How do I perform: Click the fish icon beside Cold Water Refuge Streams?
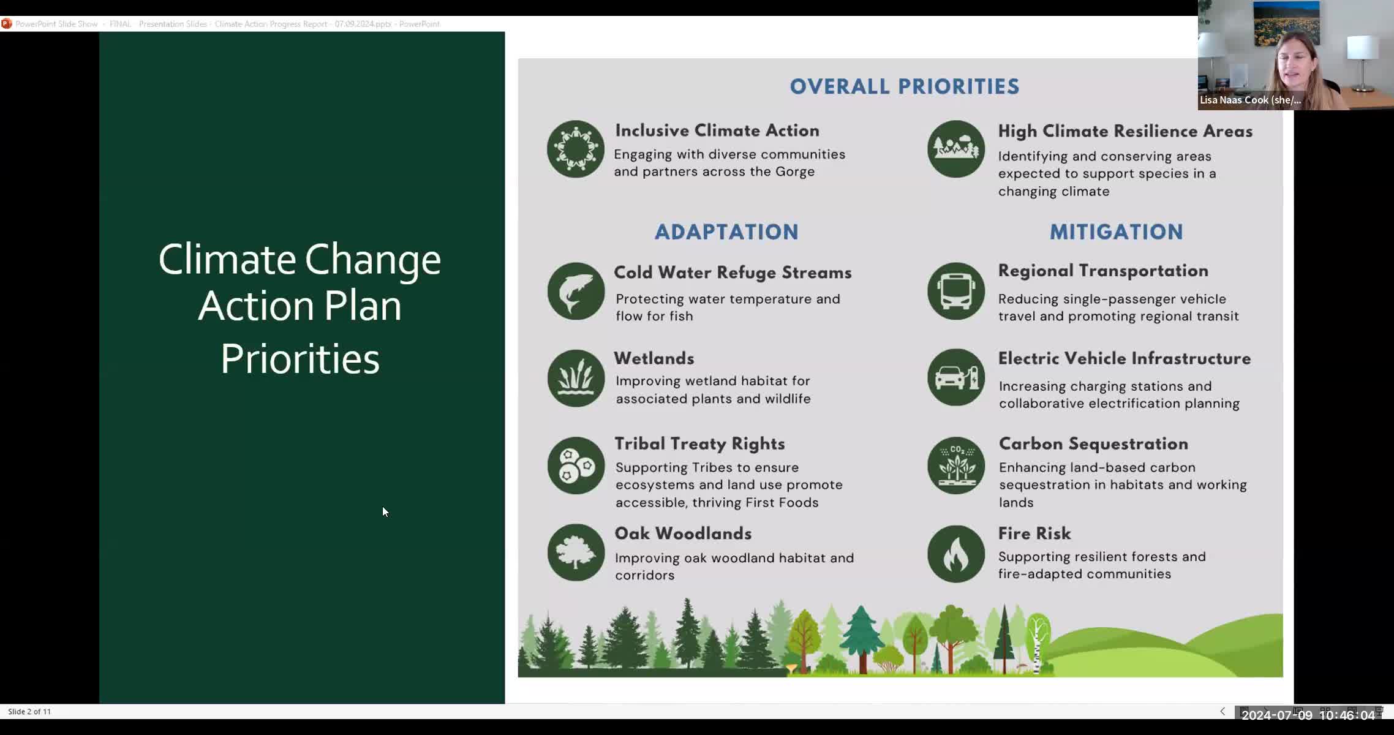(576, 292)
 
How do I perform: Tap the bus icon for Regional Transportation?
(955, 292)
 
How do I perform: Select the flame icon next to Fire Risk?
(955, 554)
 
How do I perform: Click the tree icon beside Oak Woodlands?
(576, 552)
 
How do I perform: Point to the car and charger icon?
(955, 378)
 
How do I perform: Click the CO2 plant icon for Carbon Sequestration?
(955, 466)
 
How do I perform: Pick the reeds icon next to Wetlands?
(576, 379)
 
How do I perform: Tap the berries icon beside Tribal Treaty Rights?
(576, 466)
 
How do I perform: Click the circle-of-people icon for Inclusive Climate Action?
(575, 149)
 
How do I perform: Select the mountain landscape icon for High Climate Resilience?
(955, 149)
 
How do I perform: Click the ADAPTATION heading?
(726, 232)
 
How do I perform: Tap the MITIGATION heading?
(1116, 232)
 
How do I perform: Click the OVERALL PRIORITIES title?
(904, 86)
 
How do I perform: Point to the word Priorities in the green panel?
(300, 359)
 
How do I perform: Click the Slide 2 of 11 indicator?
(29, 711)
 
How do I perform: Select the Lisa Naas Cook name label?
(1249, 100)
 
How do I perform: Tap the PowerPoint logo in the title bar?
(6, 24)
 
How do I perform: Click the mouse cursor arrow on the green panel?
(385, 512)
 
